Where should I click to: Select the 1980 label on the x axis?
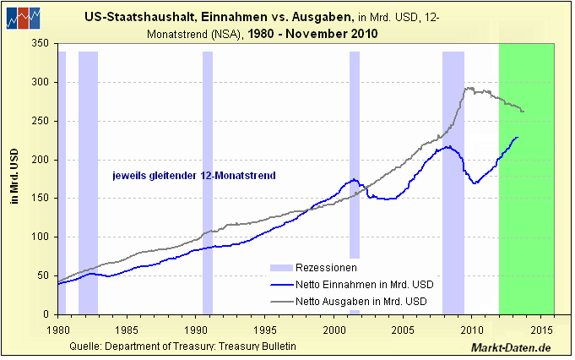(58, 330)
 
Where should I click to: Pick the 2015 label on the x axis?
(541, 330)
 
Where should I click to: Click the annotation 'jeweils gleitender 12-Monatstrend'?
(195, 176)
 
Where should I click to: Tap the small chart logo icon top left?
(22, 18)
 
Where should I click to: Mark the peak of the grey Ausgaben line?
(468, 88)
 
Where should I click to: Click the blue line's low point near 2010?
(475, 183)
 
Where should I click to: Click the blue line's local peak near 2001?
(354, 179)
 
